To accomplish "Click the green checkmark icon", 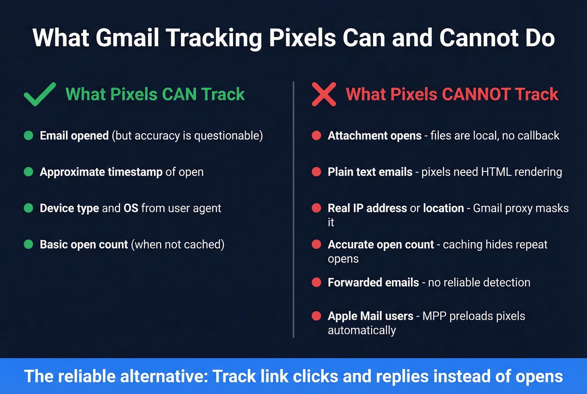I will tap(39, 94).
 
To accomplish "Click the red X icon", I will tap(324, 94).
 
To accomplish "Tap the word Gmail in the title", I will tap(127, 38).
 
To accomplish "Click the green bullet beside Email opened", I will tap(29, 136).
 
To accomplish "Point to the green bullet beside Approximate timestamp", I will tap(29, 172).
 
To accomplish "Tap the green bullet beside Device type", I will tap(29, 208).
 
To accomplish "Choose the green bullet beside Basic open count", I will tap(29, 244).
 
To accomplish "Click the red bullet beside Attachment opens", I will tap(317, 136).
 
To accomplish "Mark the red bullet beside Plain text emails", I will tap(317, 172).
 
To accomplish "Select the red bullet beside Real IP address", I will tap(317, 208).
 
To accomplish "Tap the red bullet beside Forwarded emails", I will tap(317, 282).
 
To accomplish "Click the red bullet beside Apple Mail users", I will tap(317, 316).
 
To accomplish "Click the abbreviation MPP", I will tap(434, 316).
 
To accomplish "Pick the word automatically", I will tap(362, 331).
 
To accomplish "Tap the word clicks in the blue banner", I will tap(315, 376).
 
